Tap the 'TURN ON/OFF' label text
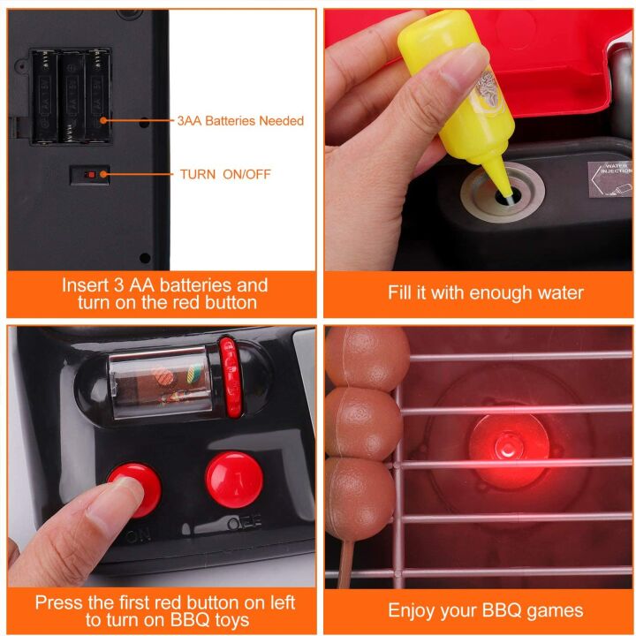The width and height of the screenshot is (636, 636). pos(225,174)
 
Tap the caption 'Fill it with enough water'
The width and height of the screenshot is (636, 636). pos(485,292)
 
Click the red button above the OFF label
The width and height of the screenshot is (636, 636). pos(234,480)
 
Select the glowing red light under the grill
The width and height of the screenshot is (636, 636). pos(499,444)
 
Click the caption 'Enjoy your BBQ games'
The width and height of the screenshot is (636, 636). pos(485,610)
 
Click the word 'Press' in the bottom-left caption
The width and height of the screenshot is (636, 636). pos(60,602)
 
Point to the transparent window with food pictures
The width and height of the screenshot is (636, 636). pos(159,380)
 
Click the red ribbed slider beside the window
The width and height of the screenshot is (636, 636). pos(230,375)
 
